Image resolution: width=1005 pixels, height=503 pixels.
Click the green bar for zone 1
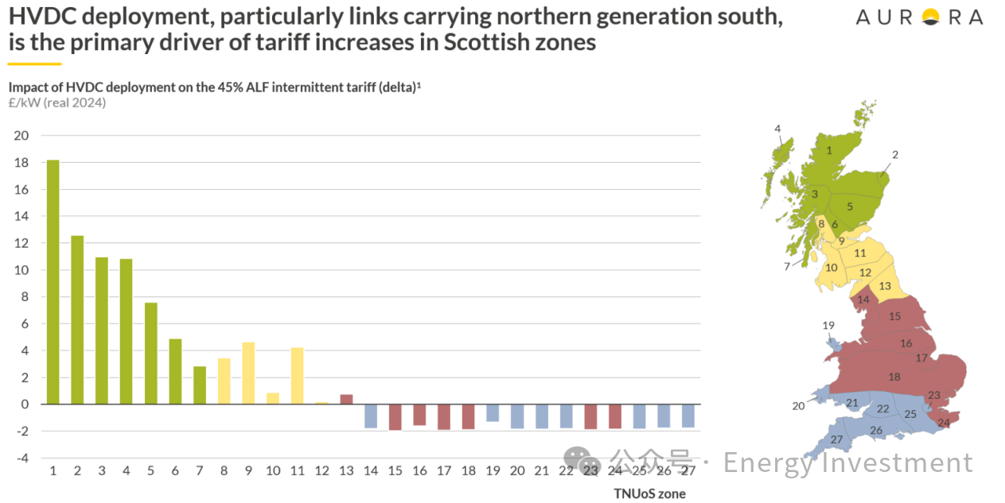point(53,281)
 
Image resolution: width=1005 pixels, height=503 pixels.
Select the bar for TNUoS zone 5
point(150,353)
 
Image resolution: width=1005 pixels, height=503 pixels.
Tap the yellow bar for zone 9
point(248,373)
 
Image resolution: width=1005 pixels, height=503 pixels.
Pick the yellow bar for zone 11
point(297,375)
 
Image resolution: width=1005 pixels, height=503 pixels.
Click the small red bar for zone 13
point(346,399)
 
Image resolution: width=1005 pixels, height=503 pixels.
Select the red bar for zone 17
point(444,416)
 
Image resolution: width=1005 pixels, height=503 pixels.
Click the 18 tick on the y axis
point(21,163)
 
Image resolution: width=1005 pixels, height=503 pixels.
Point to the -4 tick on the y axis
point(21,459)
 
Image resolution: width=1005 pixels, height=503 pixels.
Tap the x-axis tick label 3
point(101,471)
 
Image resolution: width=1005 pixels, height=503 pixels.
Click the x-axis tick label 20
point(517,471)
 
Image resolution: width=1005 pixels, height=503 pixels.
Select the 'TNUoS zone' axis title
point(649,493)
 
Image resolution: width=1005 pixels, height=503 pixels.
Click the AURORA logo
point(919,17)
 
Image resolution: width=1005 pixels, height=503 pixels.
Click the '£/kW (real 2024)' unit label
point(57,103)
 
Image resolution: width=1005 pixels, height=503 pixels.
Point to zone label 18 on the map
point(894,377)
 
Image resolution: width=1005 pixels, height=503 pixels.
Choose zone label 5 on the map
point(849,207)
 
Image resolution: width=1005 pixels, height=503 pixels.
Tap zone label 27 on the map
point(836,439)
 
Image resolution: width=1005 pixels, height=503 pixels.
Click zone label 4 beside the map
point(777,129)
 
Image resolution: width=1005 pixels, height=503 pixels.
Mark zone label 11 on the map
point(860,253)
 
